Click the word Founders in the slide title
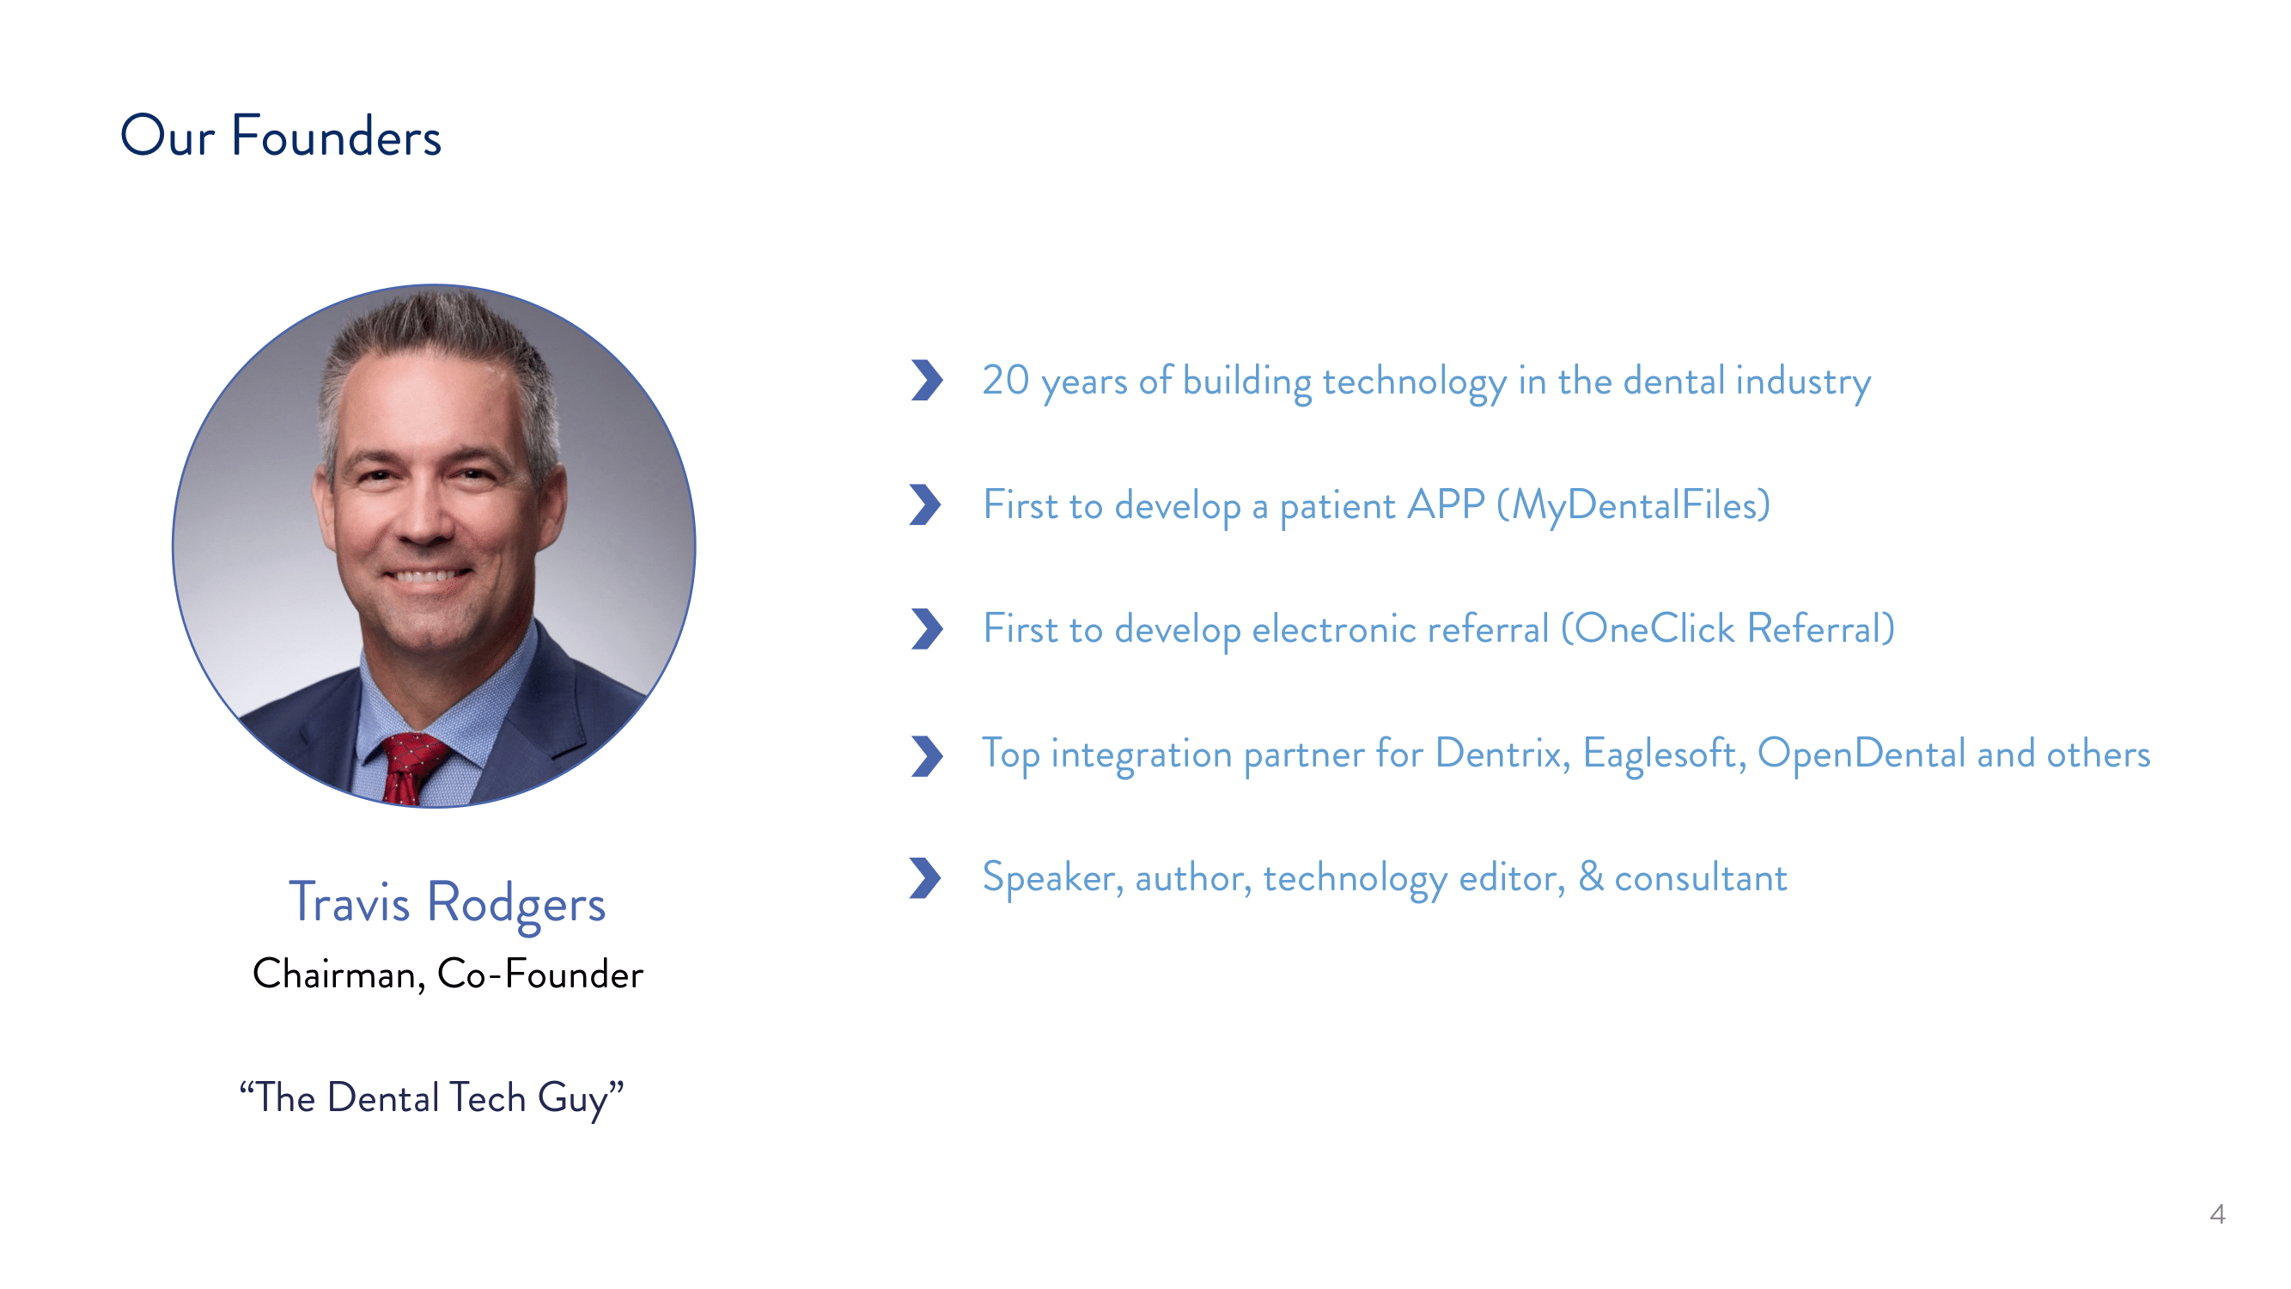[x=335, y=137]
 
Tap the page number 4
[x=2217, y=1214]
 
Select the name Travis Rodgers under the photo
[x=447, y=902]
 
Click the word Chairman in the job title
[x=338, y=974]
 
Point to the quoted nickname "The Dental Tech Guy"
[x=431, y=1097]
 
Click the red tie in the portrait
[x=410, y=766]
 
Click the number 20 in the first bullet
[x=1005, y=381]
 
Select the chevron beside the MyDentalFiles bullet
[x=926, y=505]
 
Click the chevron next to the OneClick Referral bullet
[x=926, y=629]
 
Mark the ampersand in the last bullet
[x=1590, y=877]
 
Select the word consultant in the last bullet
[x=1701, y=878]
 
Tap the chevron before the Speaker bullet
[x=926, y=878]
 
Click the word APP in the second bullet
[x=1445, y=505]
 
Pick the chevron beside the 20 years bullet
[x=926, y=381]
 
